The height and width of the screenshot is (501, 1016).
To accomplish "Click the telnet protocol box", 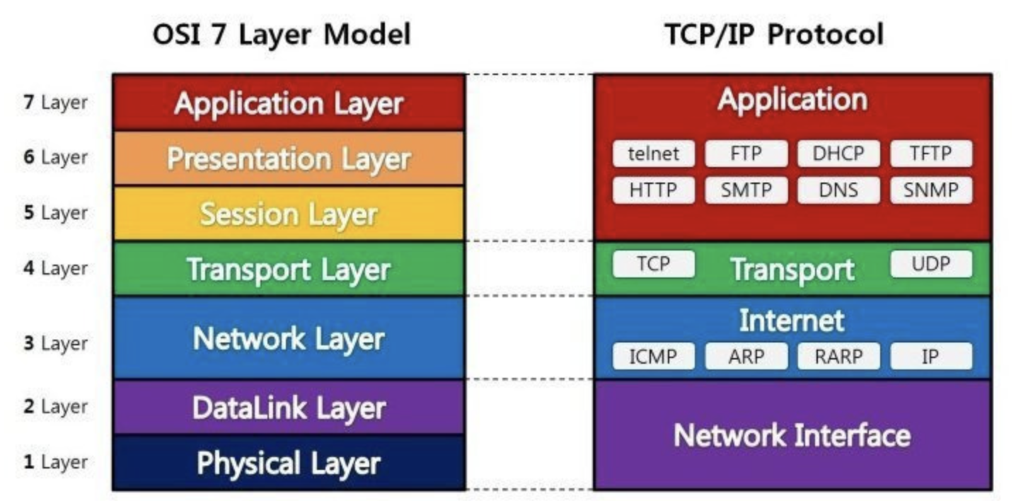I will pyautogui.click(x=653, y=154).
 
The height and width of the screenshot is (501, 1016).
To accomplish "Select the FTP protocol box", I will pyautogui.click(x=746, y=154).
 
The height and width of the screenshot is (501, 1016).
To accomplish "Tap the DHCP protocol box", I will pyautogui.click(x=838, y=154).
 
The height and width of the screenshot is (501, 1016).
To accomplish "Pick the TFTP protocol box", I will pyautogui.click(x=930, y=154).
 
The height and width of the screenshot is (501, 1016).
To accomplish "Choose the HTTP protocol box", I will pyautogui.click(x=653, y=190).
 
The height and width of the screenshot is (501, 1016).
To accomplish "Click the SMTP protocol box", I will pyautogui.click(x=746, y=190).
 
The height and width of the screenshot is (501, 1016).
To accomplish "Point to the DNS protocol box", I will pyautogui.click(x=838, y=190).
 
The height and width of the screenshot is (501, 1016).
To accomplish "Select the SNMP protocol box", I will pyautogui.click(x=930, y=190).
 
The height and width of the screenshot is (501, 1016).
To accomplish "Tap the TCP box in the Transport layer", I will pyautogui.click(x=653, y=264).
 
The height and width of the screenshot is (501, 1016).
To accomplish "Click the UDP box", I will pyautogui.click(x=930, y=264).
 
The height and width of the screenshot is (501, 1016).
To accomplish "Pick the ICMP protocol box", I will pyautogui.click(x=653, y=356).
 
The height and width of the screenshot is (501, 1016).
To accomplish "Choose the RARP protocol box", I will pyautogui.click(x=838, y=356).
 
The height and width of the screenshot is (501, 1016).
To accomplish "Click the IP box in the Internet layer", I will pyautogui.click(x=930, y=356).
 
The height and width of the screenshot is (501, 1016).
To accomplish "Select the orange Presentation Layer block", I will pyautogui.click(x=289, y=158).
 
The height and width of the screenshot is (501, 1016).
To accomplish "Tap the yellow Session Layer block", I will pyautogui.click(x=289, y=213).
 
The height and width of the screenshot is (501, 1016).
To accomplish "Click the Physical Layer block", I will pyautogui.click(x=289, y=463).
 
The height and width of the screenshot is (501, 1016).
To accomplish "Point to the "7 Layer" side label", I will pyautogui.click(x=56, y=102).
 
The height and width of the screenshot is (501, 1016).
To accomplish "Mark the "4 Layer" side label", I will pyautogui.click(x=56, y=268).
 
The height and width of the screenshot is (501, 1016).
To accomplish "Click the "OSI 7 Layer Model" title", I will pyautogui.click(x=282, y=34).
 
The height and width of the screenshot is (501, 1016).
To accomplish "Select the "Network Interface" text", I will pyautogui.click(x=792, y=434).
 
